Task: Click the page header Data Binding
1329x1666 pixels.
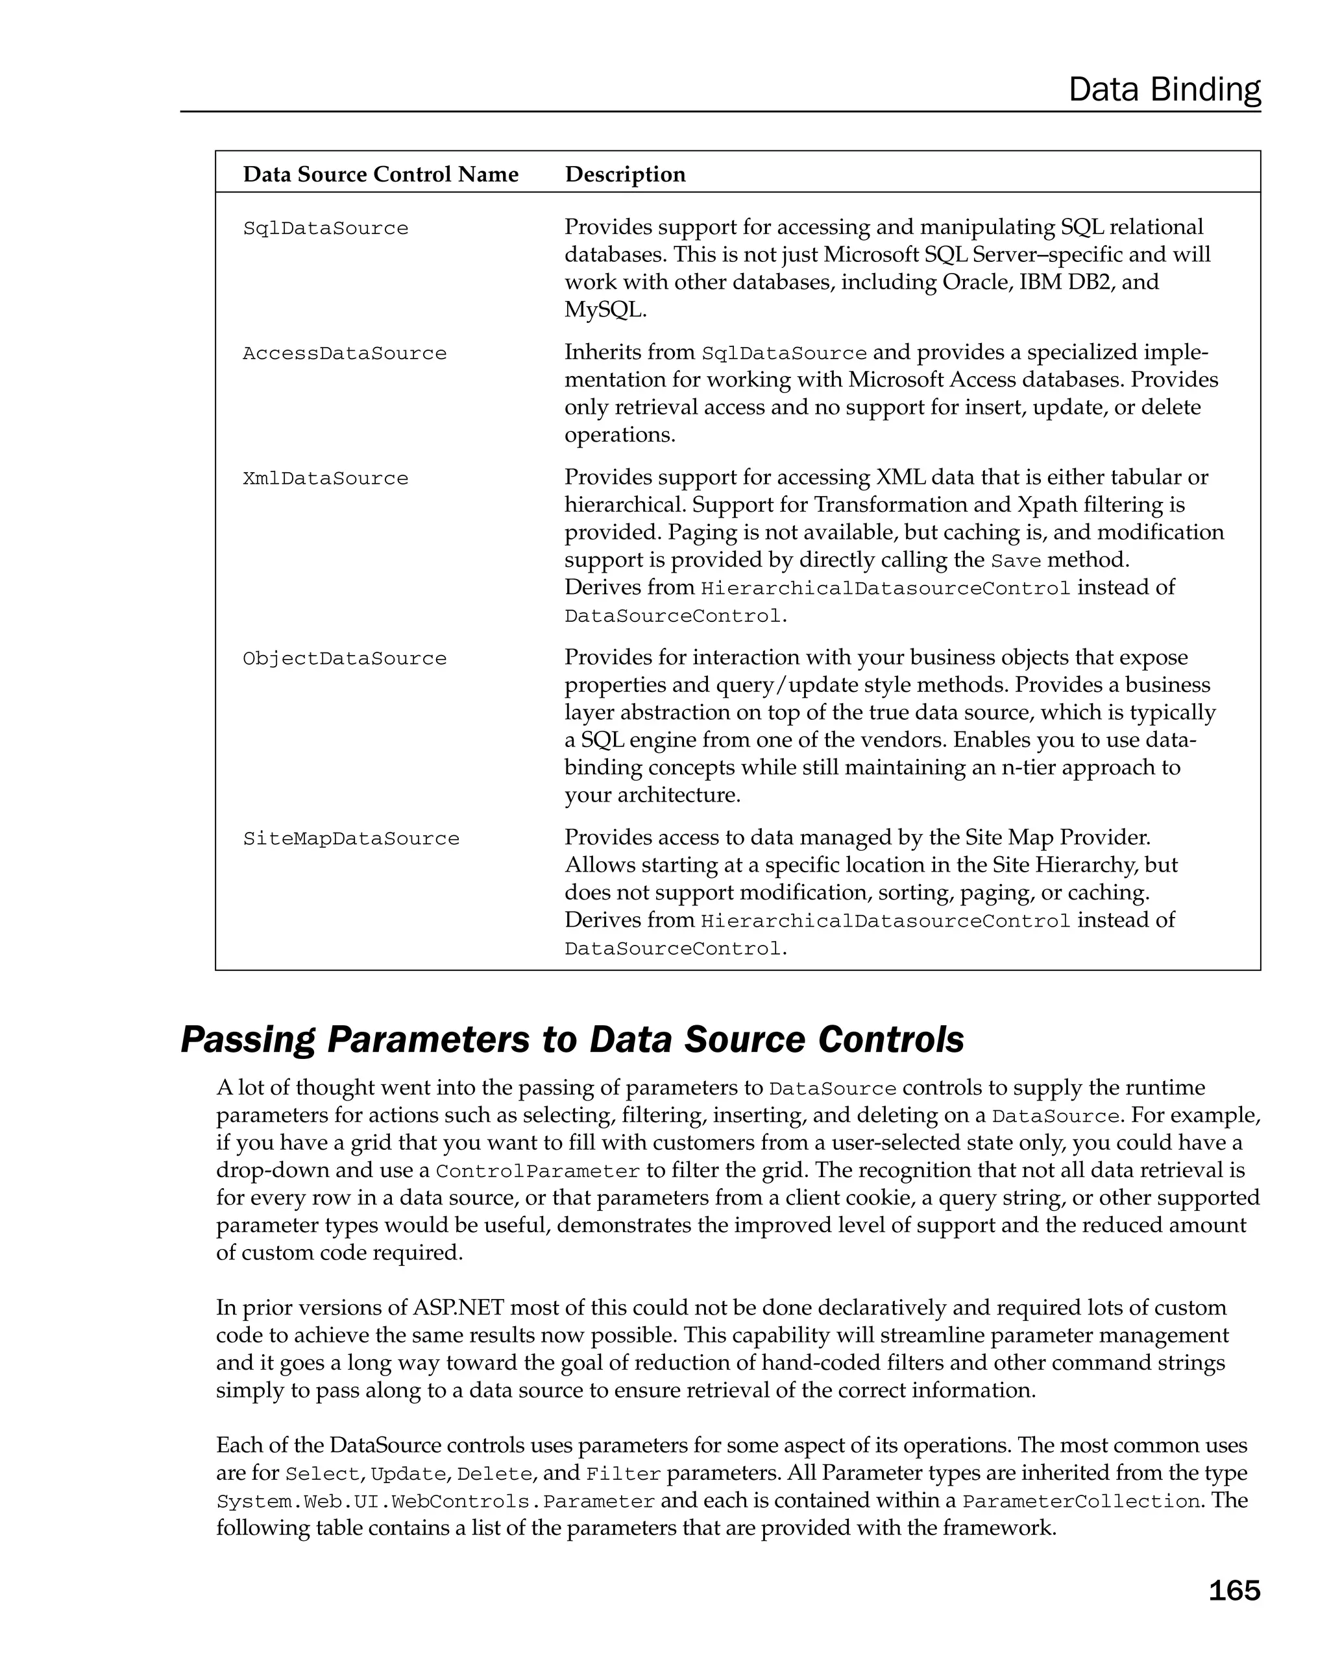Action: [1164, 89]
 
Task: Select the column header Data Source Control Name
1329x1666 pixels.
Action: [380, 174]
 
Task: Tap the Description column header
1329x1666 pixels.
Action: [625, 174]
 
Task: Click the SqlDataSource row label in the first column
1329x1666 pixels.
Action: [326, 228]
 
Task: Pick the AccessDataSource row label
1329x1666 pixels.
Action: [345, 353]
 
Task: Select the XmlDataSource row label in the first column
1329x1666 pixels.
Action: [326, 479]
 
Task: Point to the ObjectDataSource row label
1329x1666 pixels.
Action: [345, 658]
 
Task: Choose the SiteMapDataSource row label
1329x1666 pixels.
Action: [351, 839]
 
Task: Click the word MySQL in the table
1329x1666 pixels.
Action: [603, 310]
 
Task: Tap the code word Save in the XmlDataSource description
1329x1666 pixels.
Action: [1016, 561]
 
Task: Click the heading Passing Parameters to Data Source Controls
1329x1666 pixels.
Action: [572, 1040]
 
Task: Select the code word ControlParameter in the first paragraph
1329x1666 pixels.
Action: [537, 1171]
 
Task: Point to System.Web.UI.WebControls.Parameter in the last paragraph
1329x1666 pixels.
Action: [435, 1501]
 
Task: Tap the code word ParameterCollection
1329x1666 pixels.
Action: [1079, 1501]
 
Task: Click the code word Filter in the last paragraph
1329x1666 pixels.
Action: [623, 1474]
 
